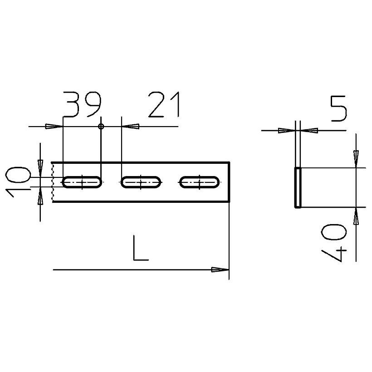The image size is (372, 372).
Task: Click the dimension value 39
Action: coord(83,105)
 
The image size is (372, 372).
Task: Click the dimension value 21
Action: coord(164,105)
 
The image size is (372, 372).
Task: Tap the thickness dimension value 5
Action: coord(339,109)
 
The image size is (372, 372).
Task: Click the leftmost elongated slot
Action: coord(82,182)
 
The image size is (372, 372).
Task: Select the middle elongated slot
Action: coord(141,182)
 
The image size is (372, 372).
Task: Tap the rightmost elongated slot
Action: coord(199,182)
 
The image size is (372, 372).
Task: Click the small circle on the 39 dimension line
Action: coord(101,127)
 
